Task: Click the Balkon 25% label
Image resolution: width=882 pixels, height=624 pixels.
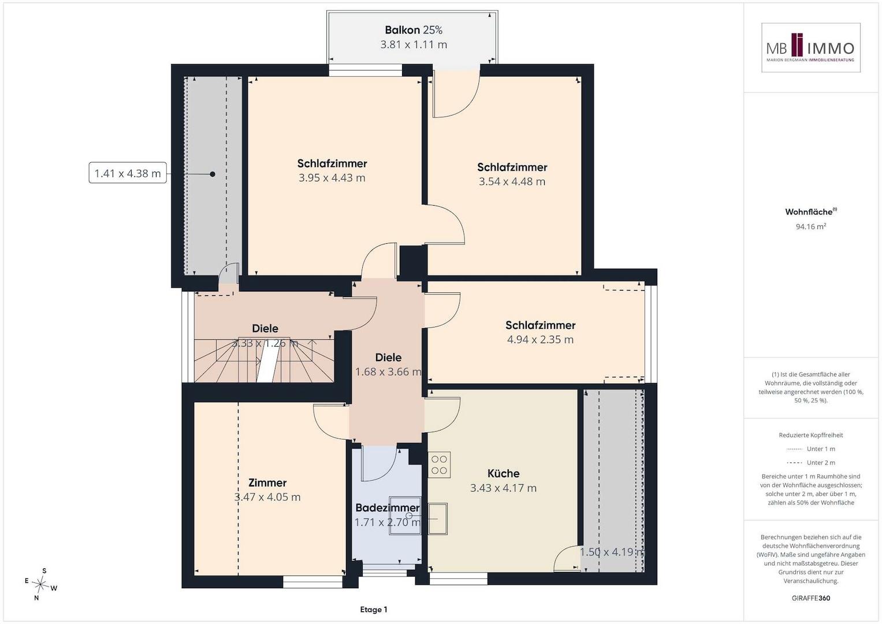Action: (x=414, y=30)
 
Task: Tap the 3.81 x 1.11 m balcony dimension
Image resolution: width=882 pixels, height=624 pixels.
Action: (x=414, y=44)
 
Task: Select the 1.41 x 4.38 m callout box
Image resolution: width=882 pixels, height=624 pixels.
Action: (x=128, y=173)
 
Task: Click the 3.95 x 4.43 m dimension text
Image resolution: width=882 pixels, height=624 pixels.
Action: (x=332, y=178)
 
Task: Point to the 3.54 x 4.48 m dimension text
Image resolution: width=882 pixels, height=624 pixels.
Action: (x=512, y=181)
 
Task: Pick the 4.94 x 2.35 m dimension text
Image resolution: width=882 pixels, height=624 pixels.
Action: (x=540, y=339)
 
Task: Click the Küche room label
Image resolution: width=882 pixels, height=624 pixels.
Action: (x=503, y=473)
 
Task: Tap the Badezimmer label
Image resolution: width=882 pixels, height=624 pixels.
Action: (x=388, y=507)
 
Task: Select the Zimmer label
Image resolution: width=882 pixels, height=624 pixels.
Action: (x=267, y=482)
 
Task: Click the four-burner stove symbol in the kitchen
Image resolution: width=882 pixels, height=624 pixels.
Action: (x=439, y=465)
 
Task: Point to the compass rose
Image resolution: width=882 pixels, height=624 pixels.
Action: (x=40, y=584)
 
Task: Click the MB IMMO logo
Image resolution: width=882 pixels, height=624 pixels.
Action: (x=811, y=47)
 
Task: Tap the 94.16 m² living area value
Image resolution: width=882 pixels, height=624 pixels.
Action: (x=811, y=226)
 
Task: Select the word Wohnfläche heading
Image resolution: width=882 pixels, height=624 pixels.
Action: (x=809, y=212)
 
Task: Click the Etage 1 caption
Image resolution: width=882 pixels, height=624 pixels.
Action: (x=374, y=610)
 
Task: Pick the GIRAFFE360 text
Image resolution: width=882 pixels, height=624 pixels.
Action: (x=811, y=598)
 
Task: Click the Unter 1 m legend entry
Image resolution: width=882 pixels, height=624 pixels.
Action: (x=811, y=449)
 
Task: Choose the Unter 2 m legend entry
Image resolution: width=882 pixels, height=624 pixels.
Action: (x=811, y=462)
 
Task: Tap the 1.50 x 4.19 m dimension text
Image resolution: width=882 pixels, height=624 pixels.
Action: (x=613, y=552)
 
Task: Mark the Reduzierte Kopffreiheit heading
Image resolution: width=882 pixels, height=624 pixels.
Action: (x=811, y=435)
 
